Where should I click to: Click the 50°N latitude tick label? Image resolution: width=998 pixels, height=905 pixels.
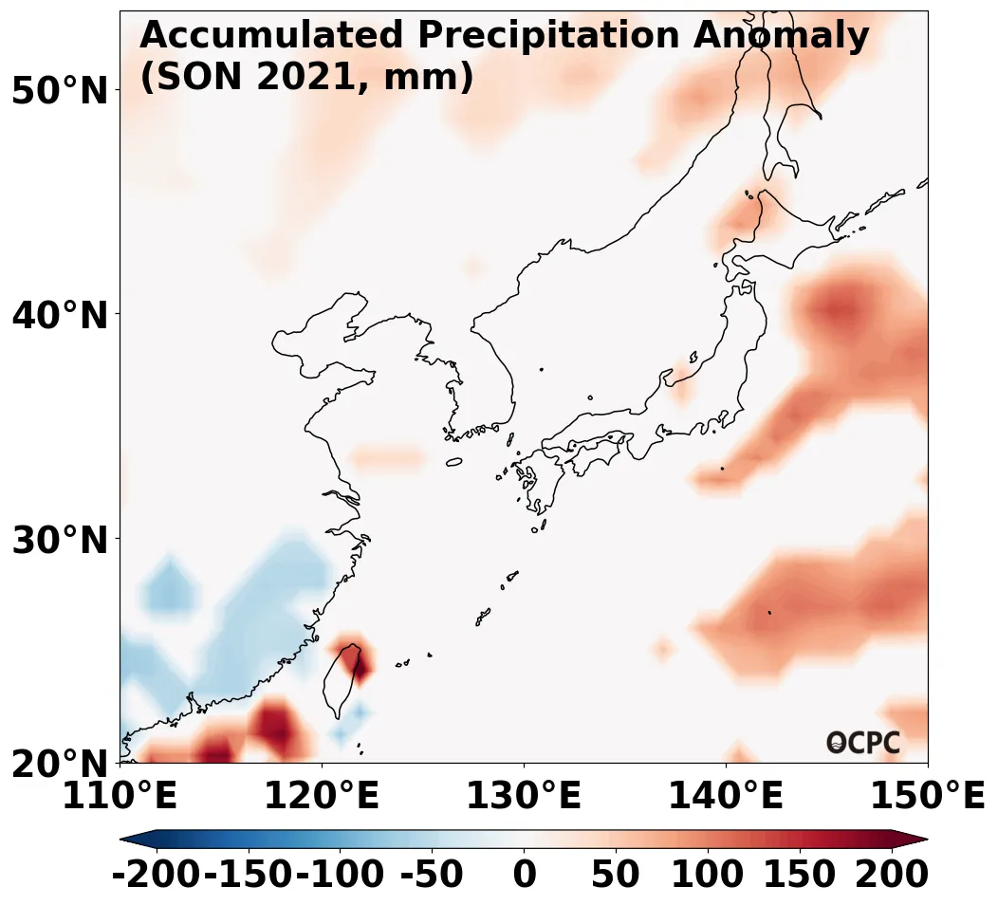coord(60,91)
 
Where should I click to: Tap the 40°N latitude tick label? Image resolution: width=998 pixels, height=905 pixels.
coord(60,315)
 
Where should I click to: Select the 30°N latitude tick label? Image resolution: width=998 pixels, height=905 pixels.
coord(60,540)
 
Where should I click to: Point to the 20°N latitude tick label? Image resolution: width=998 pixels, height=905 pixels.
coord(60,764)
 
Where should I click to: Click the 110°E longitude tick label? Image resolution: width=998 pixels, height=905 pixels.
coord(120,796)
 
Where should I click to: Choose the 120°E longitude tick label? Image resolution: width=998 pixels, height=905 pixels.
coord(322,796)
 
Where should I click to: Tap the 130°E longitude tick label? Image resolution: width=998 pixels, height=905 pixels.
coord(524,796)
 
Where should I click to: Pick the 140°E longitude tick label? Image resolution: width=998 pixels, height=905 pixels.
coord(726,796)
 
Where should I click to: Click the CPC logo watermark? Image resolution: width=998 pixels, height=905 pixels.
coord(862,743)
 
